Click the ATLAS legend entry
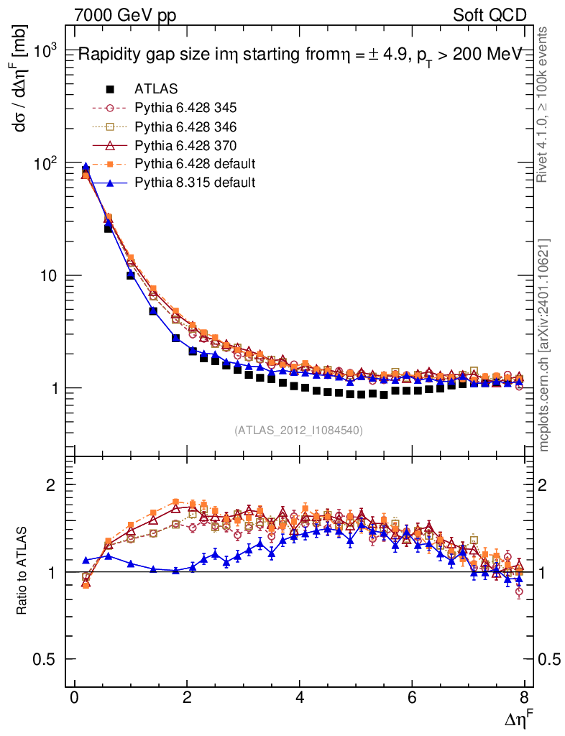coord(156,89)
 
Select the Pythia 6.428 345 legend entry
coord(185,108)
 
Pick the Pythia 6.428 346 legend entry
coord(185,126)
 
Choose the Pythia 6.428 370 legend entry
coord(185,145)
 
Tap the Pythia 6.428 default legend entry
coord(194,164)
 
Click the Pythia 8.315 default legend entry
coord(194,183)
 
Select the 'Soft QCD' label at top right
coord(490,14)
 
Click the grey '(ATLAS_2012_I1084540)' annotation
coord(298,431)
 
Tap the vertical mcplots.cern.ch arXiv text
coord(545,345)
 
